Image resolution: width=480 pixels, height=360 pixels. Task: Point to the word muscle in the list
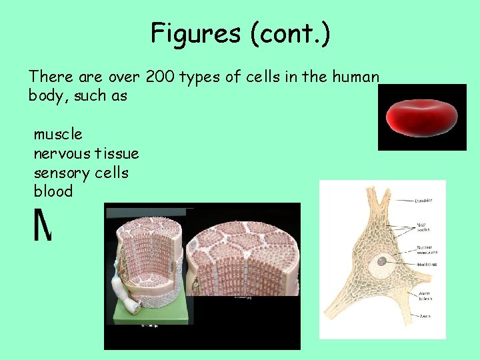coord(58,134)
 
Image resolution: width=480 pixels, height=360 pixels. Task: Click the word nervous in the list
coord(62,153)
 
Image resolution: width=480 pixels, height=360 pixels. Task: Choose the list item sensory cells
coord(81,173)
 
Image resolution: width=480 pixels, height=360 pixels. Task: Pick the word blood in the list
coord(53,191)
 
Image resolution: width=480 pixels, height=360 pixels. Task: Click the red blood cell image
coord(422,117)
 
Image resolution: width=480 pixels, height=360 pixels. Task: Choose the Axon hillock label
coord(425,295)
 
